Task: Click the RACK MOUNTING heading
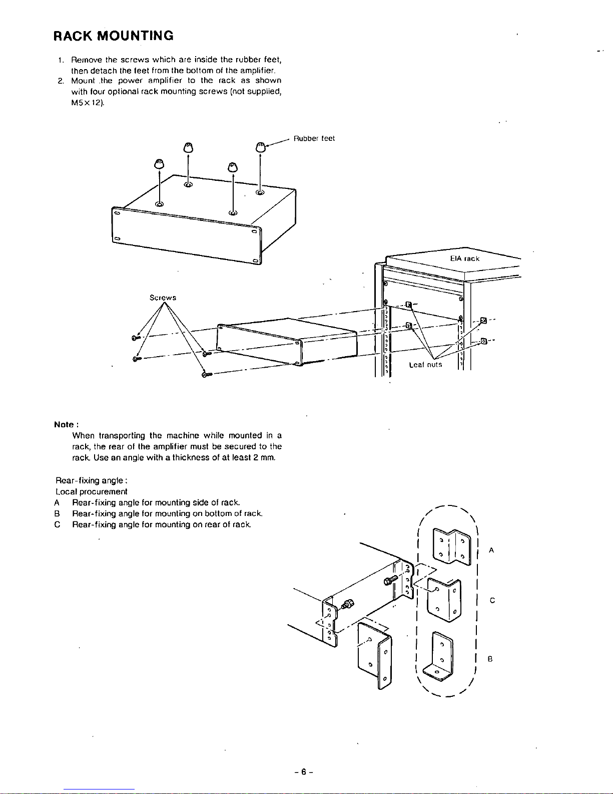click(114, 36)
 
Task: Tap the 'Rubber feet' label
click(314, 138)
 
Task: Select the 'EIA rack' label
click(464, 258)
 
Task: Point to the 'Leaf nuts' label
click(425, 365)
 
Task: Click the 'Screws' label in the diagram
click(163, 298)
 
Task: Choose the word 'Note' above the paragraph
click(64, 424)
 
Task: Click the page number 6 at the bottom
click(304, 772)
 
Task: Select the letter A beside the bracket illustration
click(491, 550)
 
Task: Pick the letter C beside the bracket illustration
click(492, 600)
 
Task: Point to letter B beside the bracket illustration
click(490, 659)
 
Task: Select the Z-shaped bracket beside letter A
click(451, 546)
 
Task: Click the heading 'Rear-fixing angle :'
click(93, 480)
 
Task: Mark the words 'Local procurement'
click(92, 491)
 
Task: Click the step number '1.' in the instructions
click(61, 60)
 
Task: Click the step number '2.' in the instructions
click(60, 80)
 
